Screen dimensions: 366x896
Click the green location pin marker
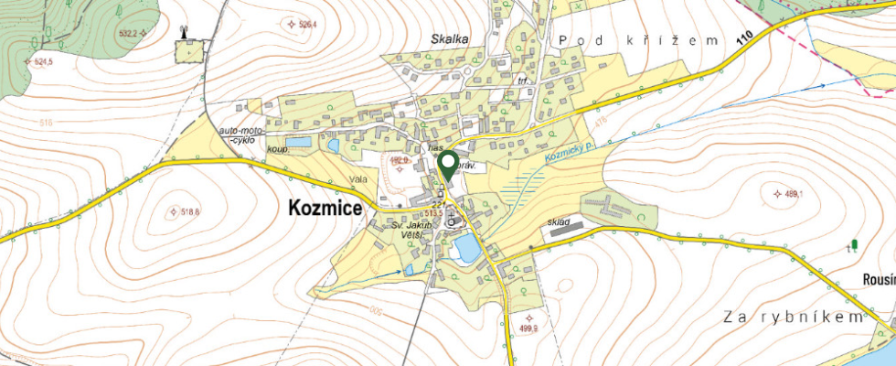pyautogui.click(x=448, y=165)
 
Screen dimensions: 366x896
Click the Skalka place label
pyautogui.click(x=449, y=38)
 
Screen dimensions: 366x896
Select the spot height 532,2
pyautogui.click(x=127, y=33)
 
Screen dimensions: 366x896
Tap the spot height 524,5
pyautogui.click(x=41, y=62)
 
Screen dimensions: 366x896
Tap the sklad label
pyautogui.click(x=560, y=221)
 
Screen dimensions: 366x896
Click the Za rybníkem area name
pyautogui.click(x=792, y=317)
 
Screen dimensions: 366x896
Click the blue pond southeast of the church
pyautogui.click(x=466, y=247)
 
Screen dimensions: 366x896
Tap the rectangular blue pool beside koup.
pyautogui.click(x=297, y=143)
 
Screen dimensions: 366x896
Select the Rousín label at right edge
pyautogui.click(x=878, y=279)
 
